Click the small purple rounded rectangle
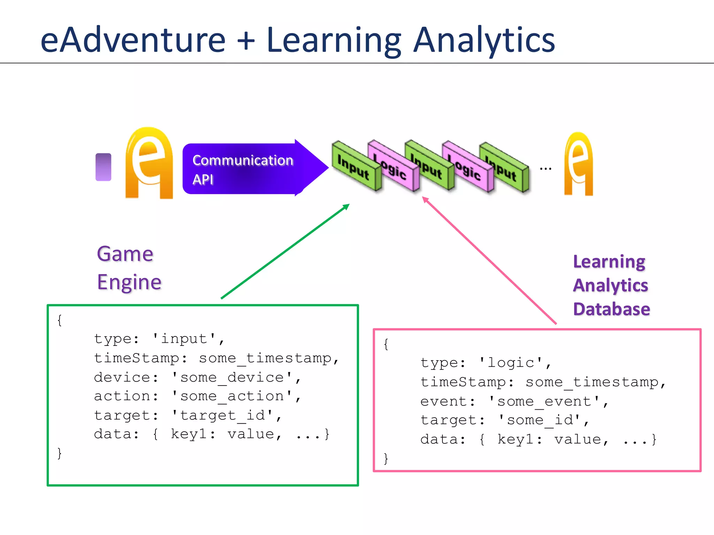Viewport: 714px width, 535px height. pos(103,167)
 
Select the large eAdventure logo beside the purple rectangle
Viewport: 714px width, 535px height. pos(149,163)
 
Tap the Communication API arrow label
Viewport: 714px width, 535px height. pos(243,170)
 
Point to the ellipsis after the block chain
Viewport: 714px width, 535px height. pos(545,169)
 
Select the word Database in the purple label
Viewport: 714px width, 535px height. pos(612,309)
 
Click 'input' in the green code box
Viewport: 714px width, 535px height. pos(184,339)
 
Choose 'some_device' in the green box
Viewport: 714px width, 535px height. pos(232,377)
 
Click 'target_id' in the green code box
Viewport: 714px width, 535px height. pos(222,415)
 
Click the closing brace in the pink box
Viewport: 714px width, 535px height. pos(386,458)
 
